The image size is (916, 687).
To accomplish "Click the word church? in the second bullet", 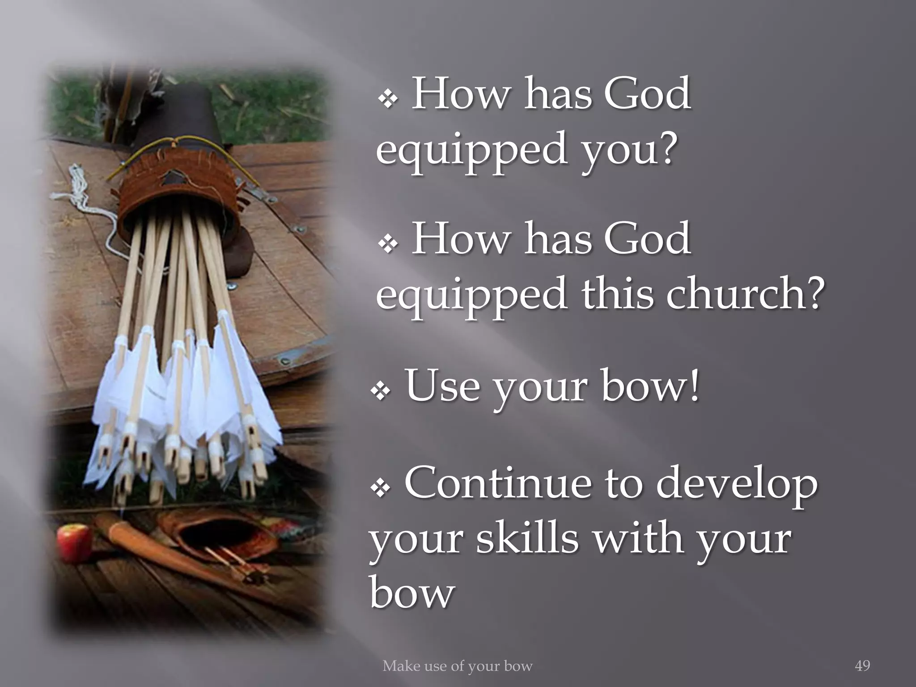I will tap(745, 293).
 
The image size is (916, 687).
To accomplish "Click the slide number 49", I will tap(862, 666).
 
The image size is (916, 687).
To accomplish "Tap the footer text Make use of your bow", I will tap(457, 666).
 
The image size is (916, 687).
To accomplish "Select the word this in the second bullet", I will tap(617, 293).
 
